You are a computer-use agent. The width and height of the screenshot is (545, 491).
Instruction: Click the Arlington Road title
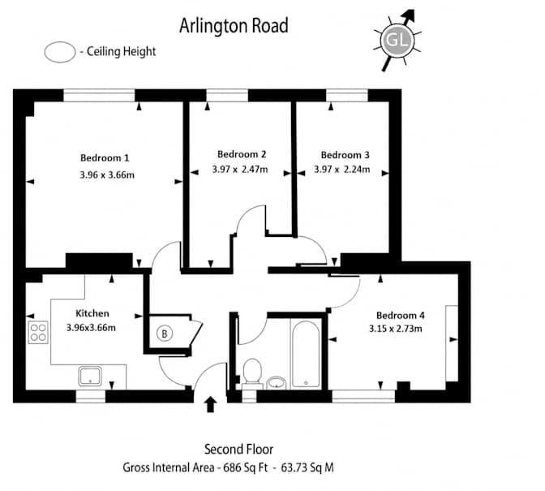[x=234, y=26]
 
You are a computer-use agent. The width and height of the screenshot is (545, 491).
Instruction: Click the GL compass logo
[x=397, y=41]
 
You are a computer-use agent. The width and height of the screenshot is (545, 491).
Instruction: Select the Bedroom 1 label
[x=105, y=158]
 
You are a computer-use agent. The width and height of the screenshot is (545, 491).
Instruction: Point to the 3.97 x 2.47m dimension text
[x=240, y=170]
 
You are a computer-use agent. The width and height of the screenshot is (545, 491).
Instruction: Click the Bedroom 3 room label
[x=345, y=155]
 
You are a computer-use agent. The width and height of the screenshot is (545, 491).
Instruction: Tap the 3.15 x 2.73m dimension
[x=396, y=329]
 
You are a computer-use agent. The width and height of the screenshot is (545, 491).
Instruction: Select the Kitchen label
[x=92, y=313]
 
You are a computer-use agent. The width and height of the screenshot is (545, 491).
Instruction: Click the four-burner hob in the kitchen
[x=38, y=333]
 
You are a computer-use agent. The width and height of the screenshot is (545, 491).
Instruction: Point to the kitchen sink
[x=90, y=376]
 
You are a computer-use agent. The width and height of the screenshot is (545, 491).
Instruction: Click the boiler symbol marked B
[x=165, y=334]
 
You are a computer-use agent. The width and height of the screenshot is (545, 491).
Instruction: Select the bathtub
[x=306, y=354]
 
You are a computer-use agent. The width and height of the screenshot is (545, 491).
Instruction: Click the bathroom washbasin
[x=277, y=382]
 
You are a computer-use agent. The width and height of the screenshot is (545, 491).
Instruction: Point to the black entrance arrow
[x=210, y=404]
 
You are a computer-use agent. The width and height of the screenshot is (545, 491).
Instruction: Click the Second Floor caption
[x=238, y=449]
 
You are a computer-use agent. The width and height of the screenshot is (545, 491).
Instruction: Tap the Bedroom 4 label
[x=401, y=316]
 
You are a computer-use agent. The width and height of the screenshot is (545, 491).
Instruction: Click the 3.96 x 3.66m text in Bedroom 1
[x=107, y=175]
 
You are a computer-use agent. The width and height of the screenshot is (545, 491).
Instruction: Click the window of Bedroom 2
[x=227, y=95]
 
